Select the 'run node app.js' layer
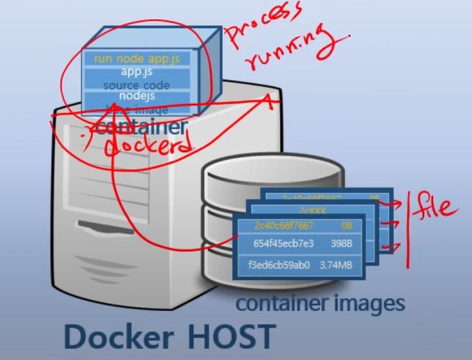(x=138, y=58)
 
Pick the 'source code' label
(x=136, y=85)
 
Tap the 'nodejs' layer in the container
(x=136, y=96)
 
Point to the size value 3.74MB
(x=339, y=264)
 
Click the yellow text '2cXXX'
(x=318, y=210)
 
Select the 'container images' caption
(x=320, y=303)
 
